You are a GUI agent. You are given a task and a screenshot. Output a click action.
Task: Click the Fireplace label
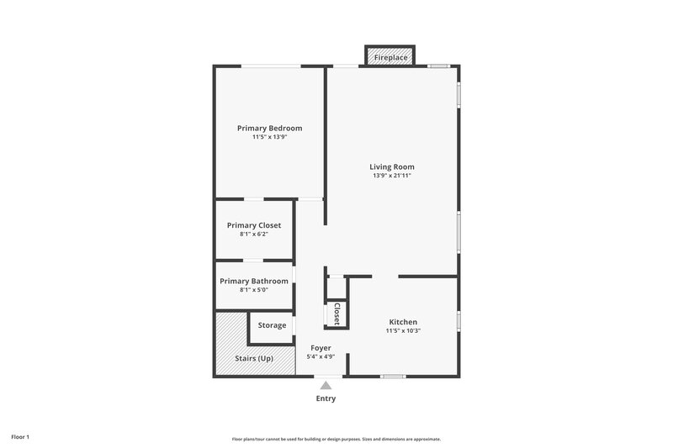(391, 57)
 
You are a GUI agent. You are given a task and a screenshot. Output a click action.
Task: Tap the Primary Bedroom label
(269, 128)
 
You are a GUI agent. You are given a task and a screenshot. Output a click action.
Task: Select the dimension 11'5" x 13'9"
(269, 137)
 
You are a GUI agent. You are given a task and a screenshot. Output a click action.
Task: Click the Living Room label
(393, 166)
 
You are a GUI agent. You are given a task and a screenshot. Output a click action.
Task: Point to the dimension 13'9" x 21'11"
(393, 176)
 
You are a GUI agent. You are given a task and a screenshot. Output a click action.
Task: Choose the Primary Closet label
(254, 225)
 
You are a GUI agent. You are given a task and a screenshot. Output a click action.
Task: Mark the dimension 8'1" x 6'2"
(254, 235)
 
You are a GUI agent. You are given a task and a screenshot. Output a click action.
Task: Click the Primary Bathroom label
(254, 281)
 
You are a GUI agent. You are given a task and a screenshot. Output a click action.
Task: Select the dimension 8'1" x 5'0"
(254, 290)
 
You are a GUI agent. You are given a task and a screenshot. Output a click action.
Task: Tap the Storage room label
(272, 325)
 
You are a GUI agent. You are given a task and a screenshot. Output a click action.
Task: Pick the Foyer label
(321, 347)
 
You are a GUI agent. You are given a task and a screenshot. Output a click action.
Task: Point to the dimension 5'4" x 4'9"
(321, 356)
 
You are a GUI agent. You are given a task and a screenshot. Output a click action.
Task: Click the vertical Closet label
(336, 314)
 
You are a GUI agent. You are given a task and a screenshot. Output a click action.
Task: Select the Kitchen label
(403, 322)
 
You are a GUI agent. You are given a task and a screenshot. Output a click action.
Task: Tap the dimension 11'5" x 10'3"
(403, 331)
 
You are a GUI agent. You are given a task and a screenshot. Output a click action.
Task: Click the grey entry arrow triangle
(326, 385)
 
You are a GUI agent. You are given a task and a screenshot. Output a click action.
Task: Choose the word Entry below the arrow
(326, 398)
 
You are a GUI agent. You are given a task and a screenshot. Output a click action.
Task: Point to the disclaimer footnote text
(336, 439)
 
